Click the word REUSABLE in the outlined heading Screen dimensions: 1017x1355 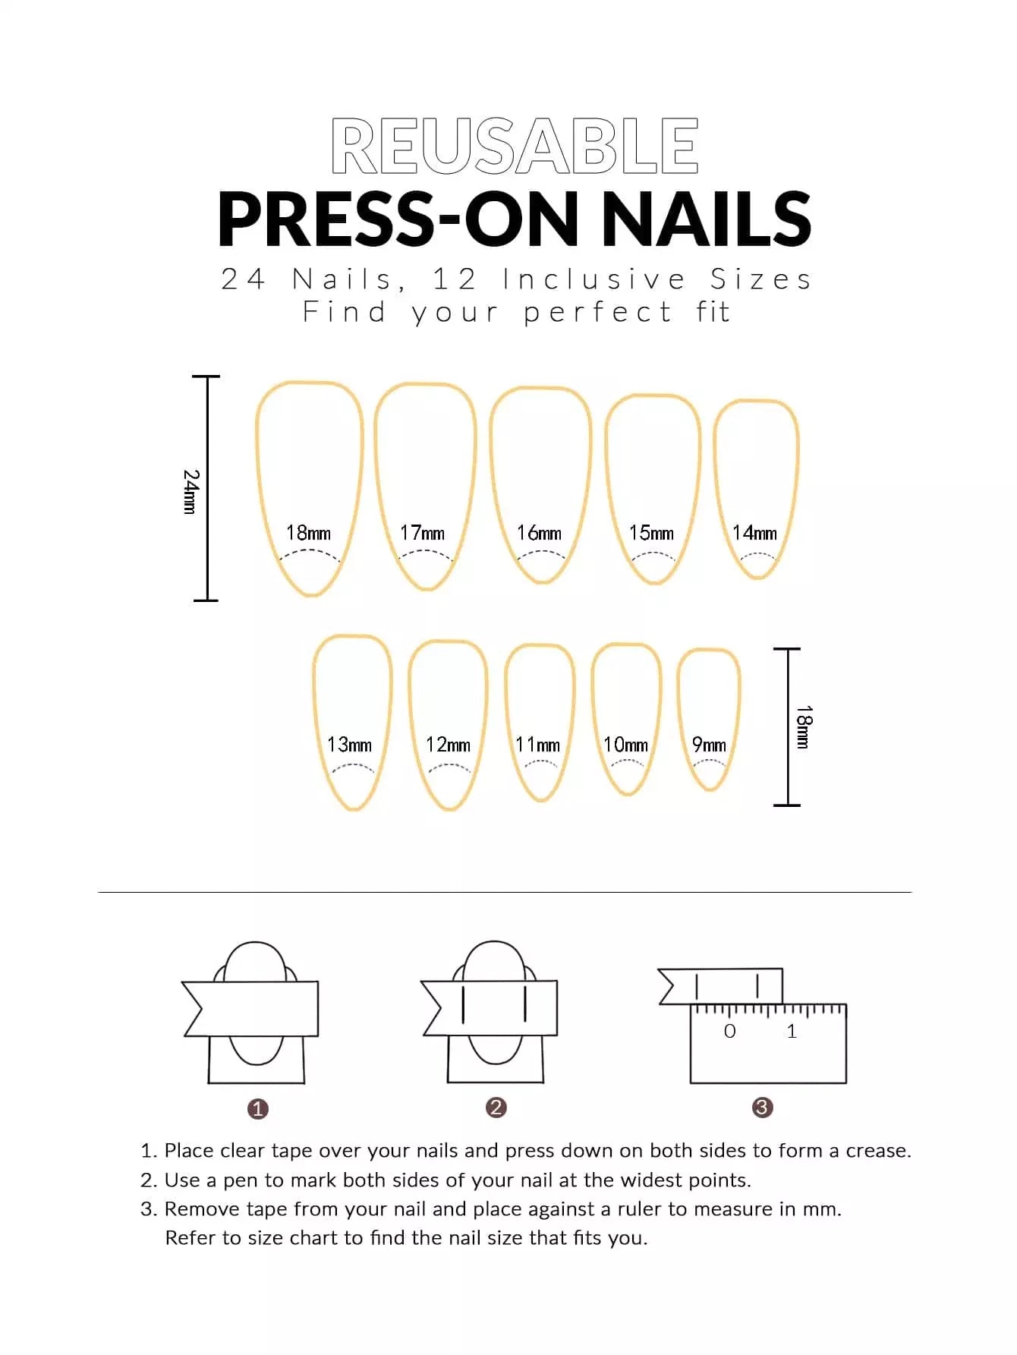pos(515,146)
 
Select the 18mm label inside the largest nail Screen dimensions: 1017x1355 pos(308,533)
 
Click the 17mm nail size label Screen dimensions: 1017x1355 pos(423,533)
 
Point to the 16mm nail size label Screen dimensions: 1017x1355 pos(540,533)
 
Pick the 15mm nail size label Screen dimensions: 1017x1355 pos(651,533)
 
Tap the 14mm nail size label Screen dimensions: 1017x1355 pos(755,533)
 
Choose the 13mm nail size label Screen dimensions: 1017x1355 pos(349,745)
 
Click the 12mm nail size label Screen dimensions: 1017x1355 pos(448,745)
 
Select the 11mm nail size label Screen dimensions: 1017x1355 pos(538,745)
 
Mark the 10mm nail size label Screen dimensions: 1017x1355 pos(626,745)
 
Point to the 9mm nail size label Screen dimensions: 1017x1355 pos(710,745)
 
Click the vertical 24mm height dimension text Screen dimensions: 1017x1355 pos(191,492)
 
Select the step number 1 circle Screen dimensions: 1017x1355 pos(258,1109)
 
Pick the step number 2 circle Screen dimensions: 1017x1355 pos(496,1108)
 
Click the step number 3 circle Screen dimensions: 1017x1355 pos(762,1108)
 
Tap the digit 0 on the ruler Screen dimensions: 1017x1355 pos(730,1031)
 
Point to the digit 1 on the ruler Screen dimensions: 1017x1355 pos(792,1031)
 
